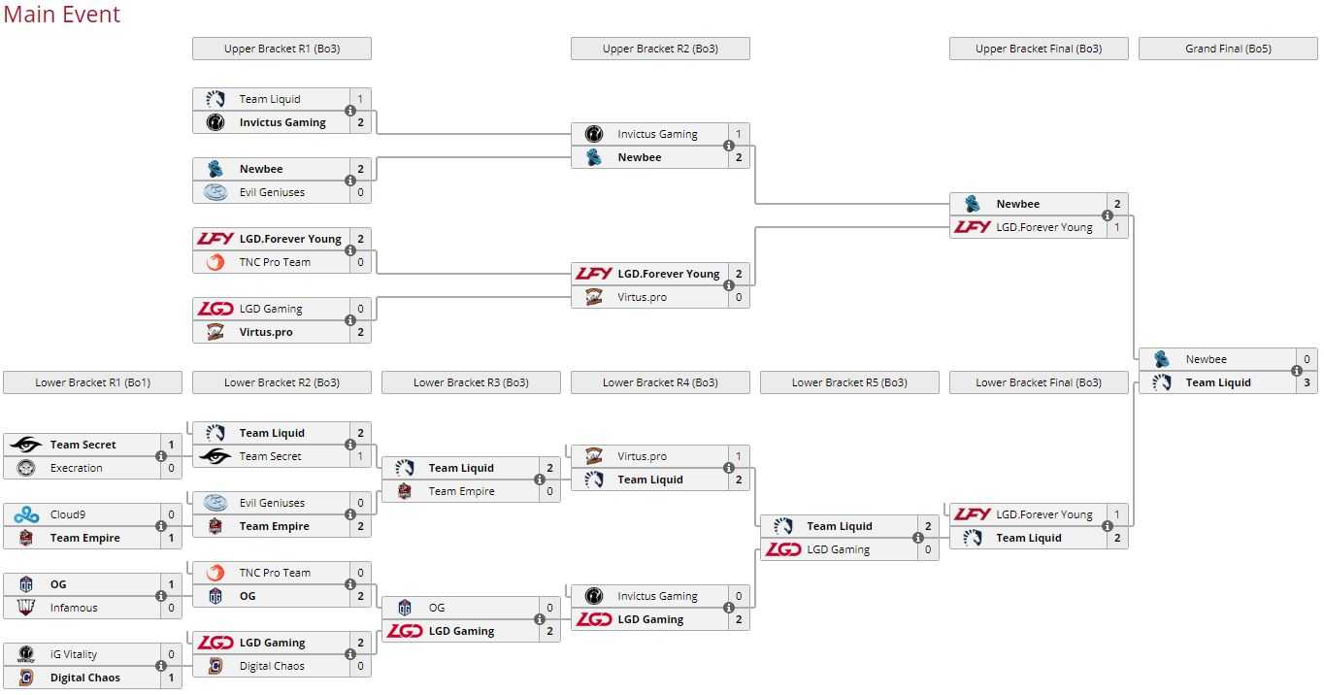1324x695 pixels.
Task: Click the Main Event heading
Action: point(62,15)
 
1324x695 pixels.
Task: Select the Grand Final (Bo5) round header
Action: point(1228,49)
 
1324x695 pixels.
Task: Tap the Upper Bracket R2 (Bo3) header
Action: point(660,49)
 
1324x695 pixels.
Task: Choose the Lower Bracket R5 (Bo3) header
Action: point(849,382)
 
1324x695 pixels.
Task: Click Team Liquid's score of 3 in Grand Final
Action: point(1307,382)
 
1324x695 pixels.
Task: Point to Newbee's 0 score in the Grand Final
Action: point(1307,359)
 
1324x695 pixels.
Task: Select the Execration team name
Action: point(76,468)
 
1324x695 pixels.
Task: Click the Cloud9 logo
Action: point(26,514)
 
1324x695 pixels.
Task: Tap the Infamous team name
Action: point(74,608)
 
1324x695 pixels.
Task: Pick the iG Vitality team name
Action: point(74,654)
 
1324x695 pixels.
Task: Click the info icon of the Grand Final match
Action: point(1297,371)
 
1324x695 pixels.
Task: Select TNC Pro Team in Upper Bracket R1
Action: point(275,262)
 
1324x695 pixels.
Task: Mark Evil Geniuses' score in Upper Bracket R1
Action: point(360,192)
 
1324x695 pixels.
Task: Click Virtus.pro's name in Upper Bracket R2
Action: point(642,297)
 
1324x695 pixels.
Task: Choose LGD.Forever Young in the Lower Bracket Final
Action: point(1043,514)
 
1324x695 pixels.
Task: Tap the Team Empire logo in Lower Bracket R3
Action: point(405,491)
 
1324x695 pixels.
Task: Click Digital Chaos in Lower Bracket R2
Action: point(272,666)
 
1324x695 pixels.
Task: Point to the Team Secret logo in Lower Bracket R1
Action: point(26,445)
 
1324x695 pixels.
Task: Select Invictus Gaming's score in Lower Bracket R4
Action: point(739,596)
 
